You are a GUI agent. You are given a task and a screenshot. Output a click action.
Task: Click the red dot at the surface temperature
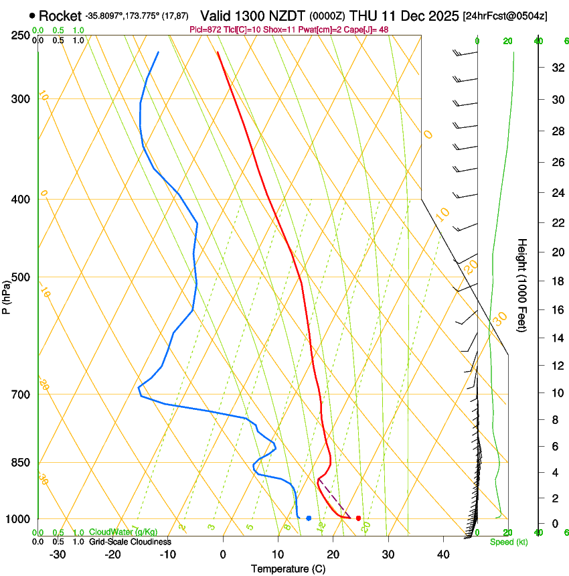(359, 518)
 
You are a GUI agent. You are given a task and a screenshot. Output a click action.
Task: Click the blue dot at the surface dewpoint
(309, 518)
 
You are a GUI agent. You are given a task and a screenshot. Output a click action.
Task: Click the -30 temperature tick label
(58, 554)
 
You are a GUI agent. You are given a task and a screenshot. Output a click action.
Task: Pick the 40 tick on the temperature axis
(443, 554)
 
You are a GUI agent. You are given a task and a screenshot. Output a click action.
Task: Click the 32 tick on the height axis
(556, 68)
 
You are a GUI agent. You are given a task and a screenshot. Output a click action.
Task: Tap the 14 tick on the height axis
(556, 338)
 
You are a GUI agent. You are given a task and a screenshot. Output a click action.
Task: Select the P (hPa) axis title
(6, 295)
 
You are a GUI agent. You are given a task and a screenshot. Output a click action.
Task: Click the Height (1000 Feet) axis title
(522, 285)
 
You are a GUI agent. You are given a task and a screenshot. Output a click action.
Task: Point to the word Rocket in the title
(60, 15)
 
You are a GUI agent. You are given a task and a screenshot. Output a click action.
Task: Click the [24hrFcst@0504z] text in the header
(505, 15)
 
